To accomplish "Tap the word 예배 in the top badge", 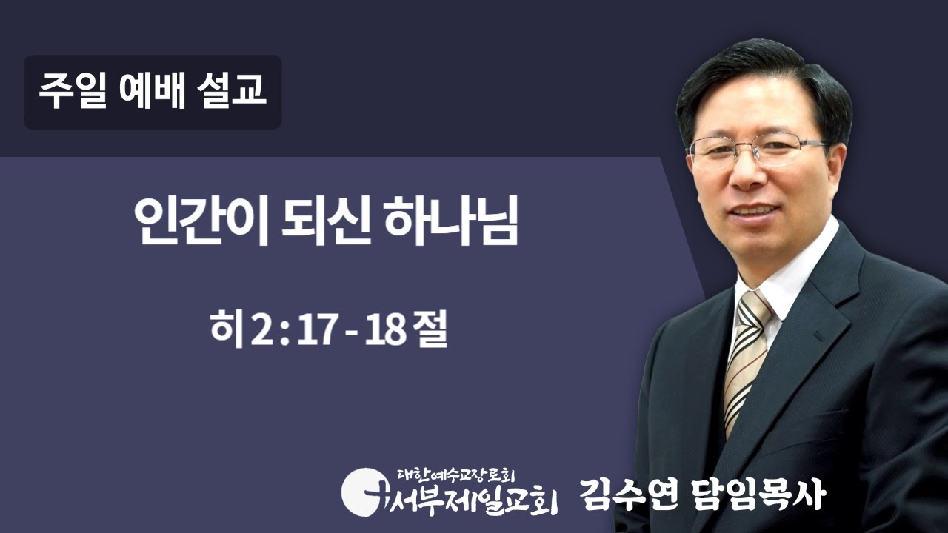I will pyautogui.click(x=150, y=93).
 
